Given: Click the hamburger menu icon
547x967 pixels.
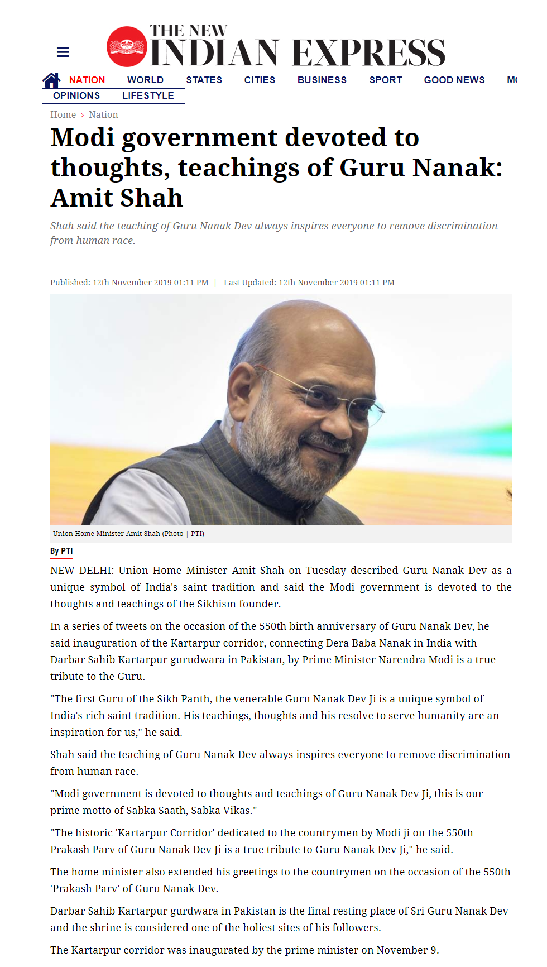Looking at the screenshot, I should click(x=63, y=52).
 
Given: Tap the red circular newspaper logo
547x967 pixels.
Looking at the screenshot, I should click(x=127, y=47).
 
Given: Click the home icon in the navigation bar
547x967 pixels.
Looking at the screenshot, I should click(x=51, y=80).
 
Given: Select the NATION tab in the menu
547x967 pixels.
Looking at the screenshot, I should click(x=87, y=80).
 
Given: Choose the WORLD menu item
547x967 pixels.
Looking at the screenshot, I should click(x=145, y=80).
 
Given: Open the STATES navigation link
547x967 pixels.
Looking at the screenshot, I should click(x=204, y=80).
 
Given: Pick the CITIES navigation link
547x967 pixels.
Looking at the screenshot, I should click(x=260, y=80).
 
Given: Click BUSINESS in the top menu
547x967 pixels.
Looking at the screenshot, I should click(x=322, y=80).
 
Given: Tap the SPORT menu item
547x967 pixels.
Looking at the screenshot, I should click(x=386, y=80).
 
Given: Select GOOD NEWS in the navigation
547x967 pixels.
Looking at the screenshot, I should click(x=454, y=80).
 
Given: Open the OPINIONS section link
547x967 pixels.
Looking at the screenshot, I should click(x=76, y=95).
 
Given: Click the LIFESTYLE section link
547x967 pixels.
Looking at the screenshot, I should click(x=148, y=95).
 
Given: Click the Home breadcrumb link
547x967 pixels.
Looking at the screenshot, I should click(x=63, y=114).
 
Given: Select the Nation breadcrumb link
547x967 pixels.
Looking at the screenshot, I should click(x=103, y=114).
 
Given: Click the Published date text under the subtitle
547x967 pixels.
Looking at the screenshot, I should click(x=129, y=283).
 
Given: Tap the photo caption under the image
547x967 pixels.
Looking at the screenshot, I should click(x=128, y=534).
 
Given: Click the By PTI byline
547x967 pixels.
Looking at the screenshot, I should click(x=61, y=551).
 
